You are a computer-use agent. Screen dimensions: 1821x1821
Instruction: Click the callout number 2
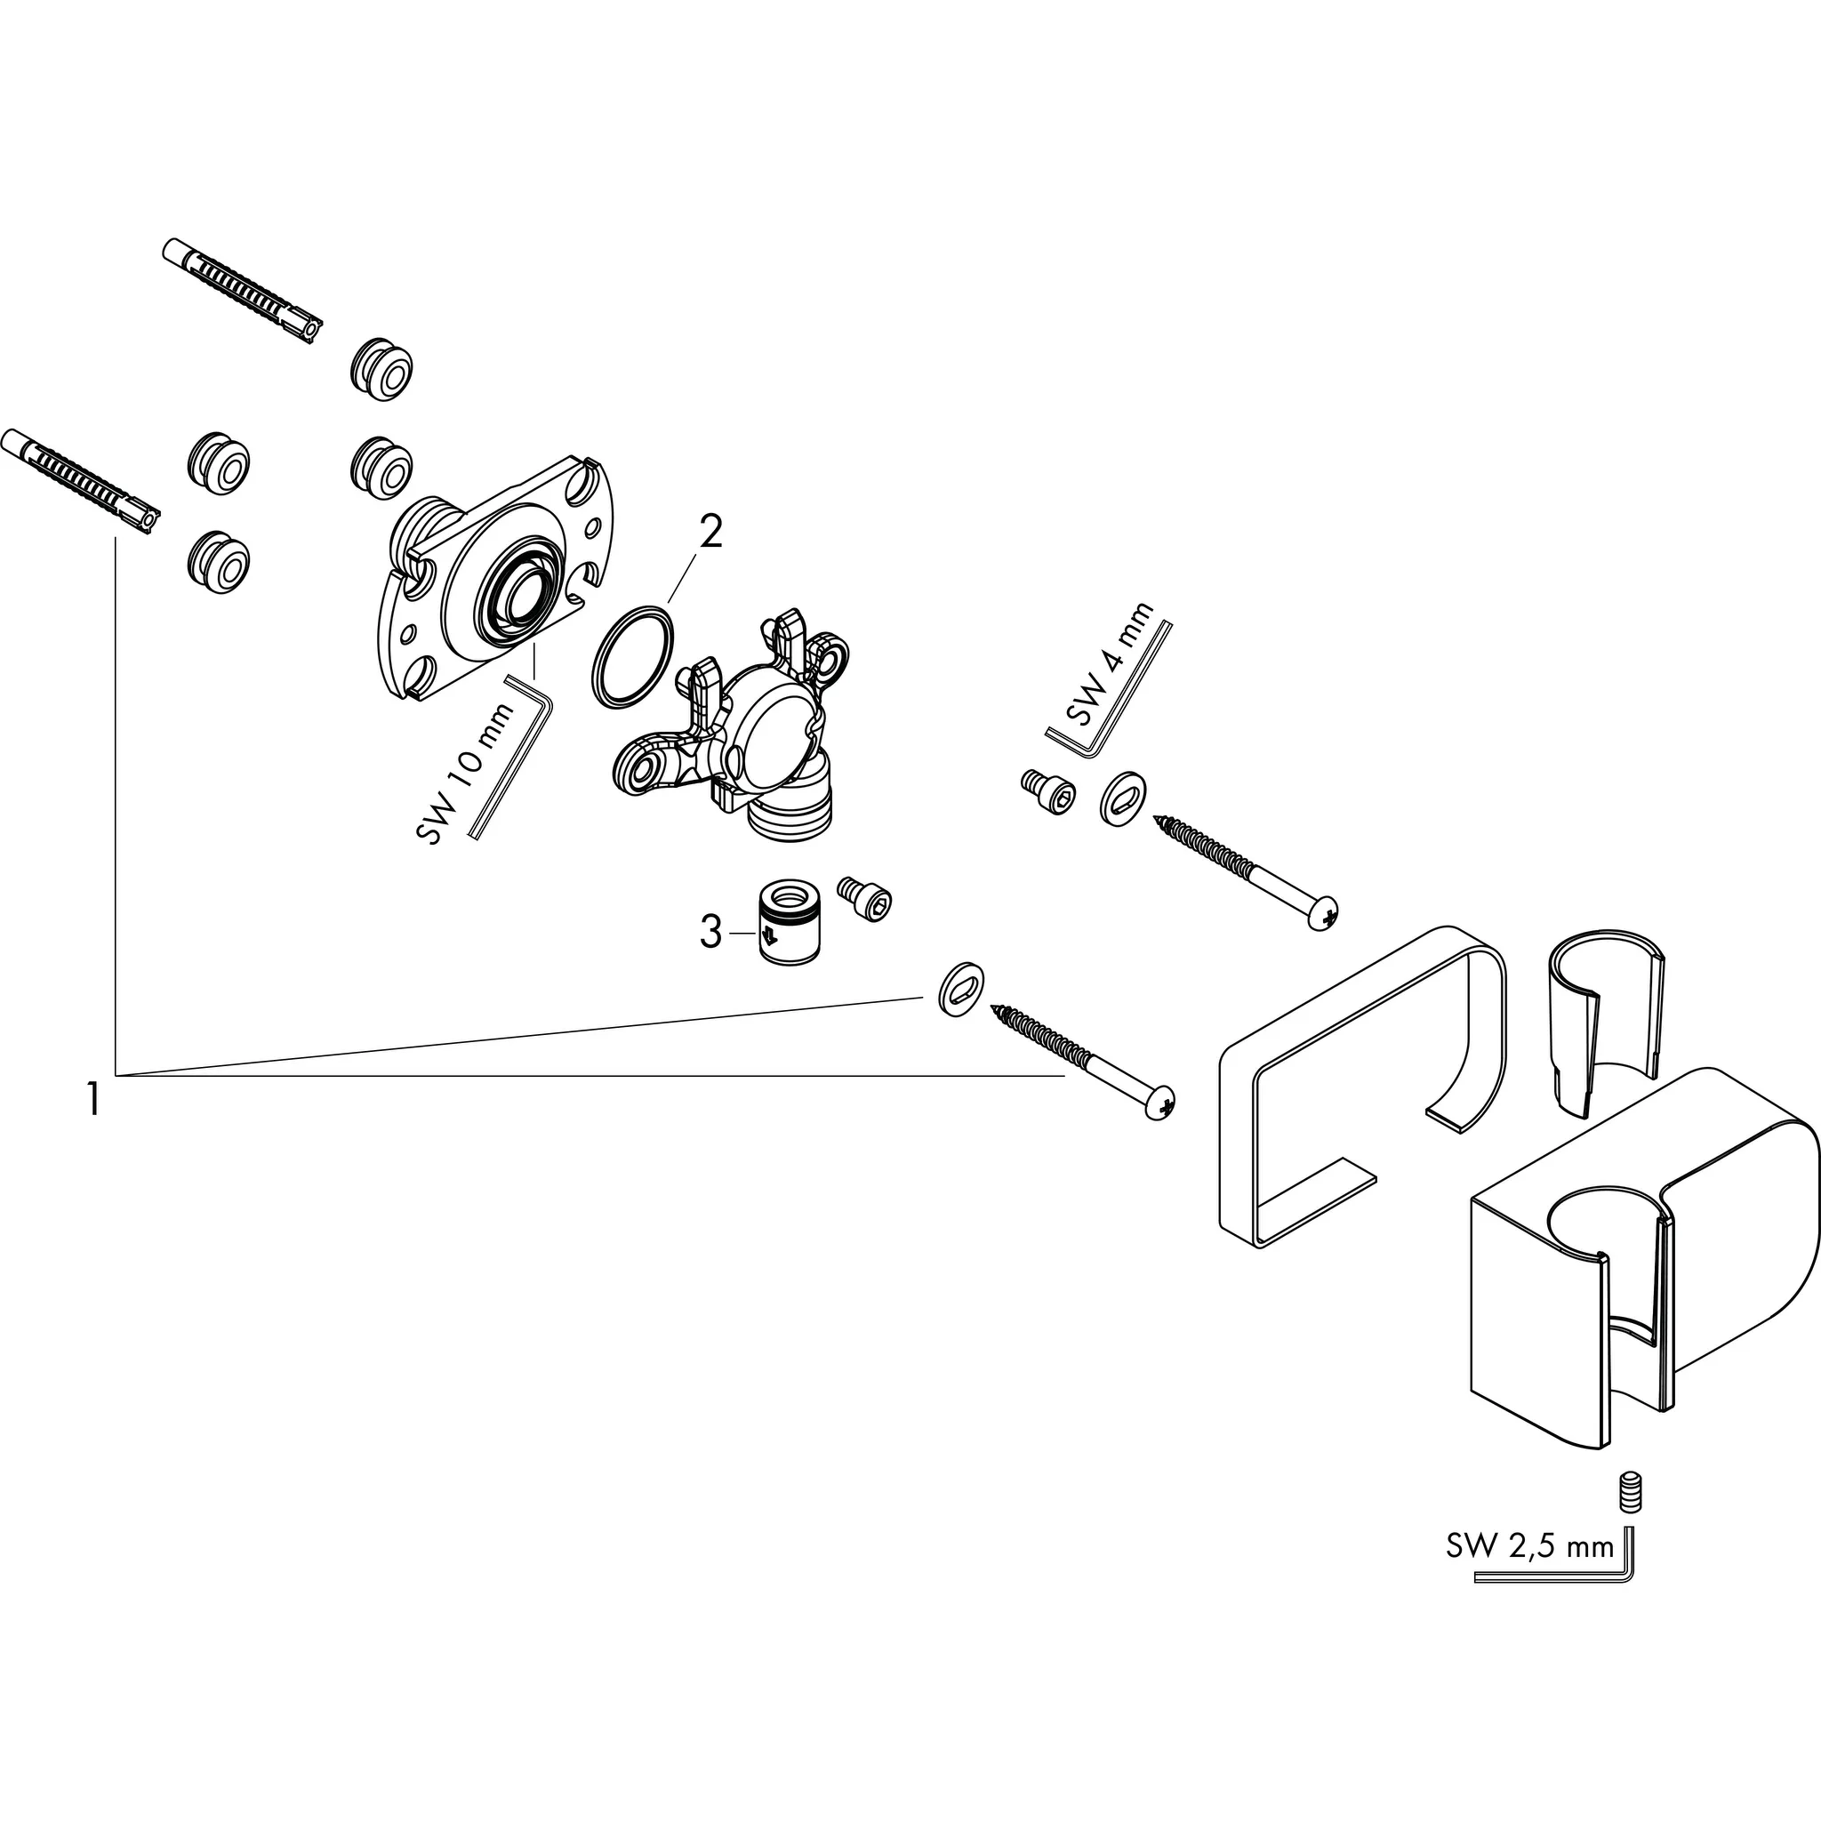(709, 533)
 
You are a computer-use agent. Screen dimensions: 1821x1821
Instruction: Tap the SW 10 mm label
(465, 774)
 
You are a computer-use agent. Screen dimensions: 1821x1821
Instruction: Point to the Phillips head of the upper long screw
(1325, 910)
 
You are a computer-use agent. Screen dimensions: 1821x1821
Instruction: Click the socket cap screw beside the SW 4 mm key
(1048, 792)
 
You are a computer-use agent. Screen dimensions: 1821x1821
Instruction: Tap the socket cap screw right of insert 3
(863, 895)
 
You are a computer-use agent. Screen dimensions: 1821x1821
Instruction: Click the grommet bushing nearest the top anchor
(383, 367)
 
